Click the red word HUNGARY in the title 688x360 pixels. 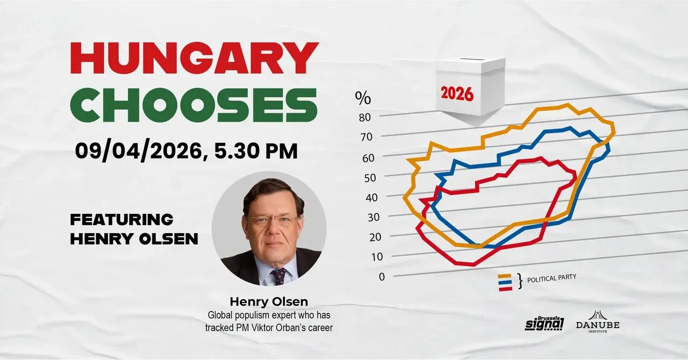tap(194, 57)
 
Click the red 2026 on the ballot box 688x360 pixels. tap(457, 94)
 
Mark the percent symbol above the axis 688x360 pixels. tap(363, 98)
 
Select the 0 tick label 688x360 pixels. tap(382, 277)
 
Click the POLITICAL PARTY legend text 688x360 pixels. tap(551, 278)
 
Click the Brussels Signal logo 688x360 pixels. tap(544, 323)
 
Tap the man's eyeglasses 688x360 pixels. tap(273, 220)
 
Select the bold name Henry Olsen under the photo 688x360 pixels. tap(269, 301)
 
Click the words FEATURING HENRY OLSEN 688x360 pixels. tap(134, 229)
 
